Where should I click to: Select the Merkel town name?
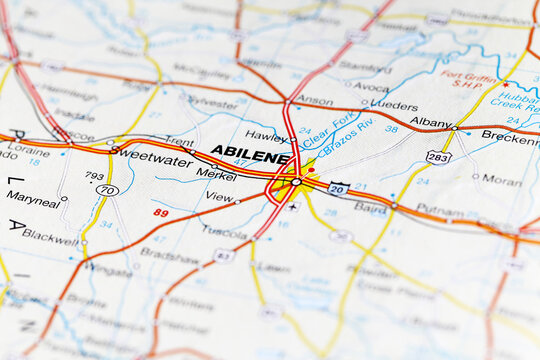216,172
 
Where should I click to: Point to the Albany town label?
430,121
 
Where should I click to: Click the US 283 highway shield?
437,156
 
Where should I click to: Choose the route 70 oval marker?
107,189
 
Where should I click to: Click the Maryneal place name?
33,199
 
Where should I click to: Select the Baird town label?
370,209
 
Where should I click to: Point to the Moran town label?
501,180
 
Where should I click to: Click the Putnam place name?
440,210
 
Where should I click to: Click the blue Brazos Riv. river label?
345,135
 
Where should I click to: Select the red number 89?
161,212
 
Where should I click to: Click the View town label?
218,197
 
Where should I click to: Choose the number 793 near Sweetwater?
95,175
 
